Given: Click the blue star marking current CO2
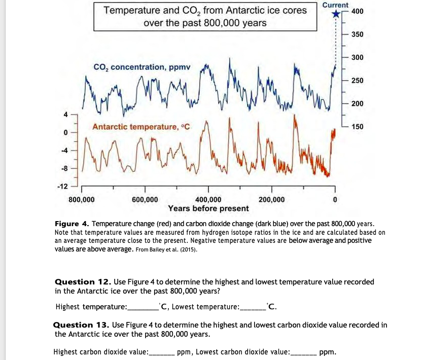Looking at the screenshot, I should click(335, 14).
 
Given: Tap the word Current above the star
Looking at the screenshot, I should click(335, 5).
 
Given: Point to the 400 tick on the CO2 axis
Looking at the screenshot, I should click(357, 11).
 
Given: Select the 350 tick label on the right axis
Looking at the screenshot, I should click(357, 34).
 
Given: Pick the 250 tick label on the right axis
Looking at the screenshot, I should click(357, 81).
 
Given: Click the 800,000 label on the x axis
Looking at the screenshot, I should click(81, 199).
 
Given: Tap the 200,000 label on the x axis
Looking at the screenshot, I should click(272, 199).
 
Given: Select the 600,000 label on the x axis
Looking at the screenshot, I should click(145, 199).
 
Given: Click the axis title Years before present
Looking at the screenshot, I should click(208, 208).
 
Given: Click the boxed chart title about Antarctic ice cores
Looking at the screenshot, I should click(205, 17).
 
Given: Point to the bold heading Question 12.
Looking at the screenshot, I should click(82, 281).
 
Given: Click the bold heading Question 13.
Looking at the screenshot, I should click(81, 325).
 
